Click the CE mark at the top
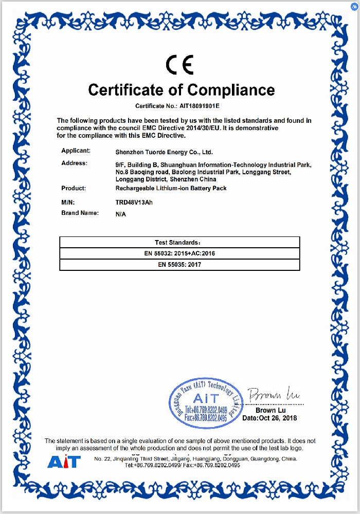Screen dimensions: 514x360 pos(179,65)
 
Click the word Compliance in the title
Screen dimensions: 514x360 pos(231,90)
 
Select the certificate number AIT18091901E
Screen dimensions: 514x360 pos(200,106)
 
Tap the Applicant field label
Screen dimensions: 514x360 pos(76,151)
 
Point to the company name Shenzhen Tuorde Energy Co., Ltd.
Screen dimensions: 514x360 pos(164,152)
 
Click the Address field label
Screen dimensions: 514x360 pos(74,163)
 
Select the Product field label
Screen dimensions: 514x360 pos(73,188)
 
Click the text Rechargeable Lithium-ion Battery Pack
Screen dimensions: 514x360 pos(171,189)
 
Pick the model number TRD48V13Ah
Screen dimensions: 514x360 pos(134,202)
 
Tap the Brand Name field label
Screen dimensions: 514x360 pos(79,212)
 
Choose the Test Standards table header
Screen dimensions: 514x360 pos(179,242)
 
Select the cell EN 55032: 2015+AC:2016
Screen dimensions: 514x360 pos(179,253)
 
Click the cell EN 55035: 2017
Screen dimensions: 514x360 pos(179,265)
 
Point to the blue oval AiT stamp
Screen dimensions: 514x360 pos(206,402)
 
